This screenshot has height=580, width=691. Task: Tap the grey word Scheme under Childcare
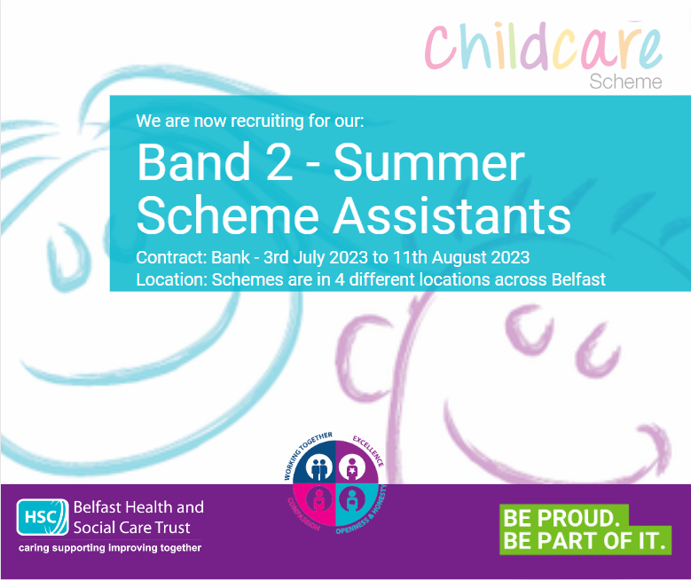pyautogui.click(x=626, y=82)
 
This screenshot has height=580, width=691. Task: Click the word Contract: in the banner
pyautogui.click(x=171, y=258)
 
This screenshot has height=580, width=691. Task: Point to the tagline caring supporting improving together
pyautogui.click(x=111, y=548)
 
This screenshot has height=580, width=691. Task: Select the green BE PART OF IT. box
pyautogui.click(x=585, y=541)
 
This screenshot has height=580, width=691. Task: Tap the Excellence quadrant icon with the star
pyautogui.click(x=353, y=466)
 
